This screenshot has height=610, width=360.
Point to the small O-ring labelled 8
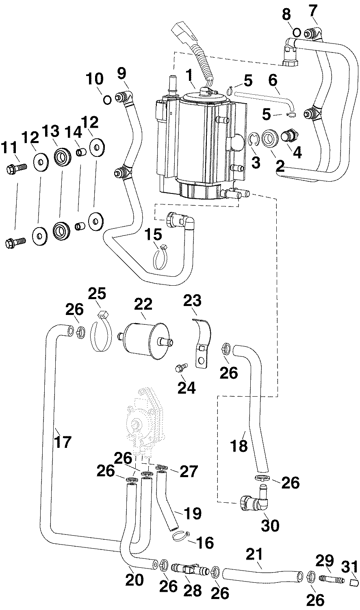(297, 32)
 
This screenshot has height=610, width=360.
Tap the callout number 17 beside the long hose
(63, 441)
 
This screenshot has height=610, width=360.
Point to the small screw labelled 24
(180, 368)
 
